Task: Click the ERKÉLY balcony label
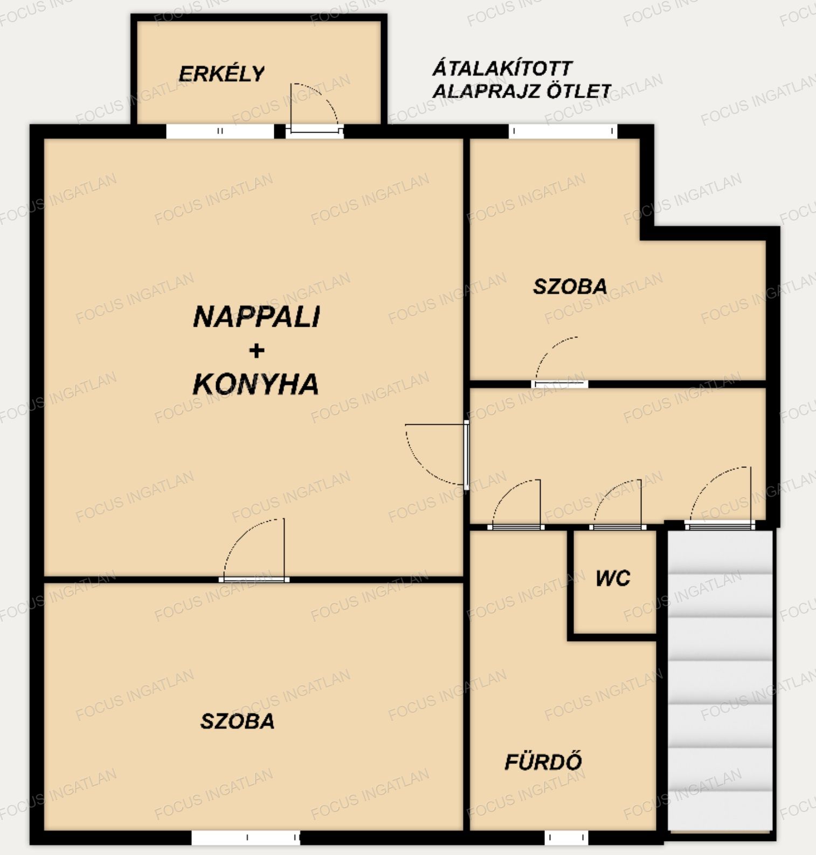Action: tap(222, 74)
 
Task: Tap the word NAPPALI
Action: tap(257, 317)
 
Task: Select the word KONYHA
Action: tap(255, 384)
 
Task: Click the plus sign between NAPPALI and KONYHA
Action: tap(257, 351)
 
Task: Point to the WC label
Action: tap(613, 578)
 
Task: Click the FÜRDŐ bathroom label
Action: tap(543, 761)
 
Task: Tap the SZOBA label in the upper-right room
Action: tap(570, 286)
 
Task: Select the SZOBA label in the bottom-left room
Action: tap(238, 721)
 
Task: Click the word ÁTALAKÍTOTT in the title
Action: tap(502, 68)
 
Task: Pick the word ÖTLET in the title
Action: tap(579, 91)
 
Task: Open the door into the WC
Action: tap(617, 527)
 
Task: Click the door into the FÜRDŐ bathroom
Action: tap(516, 527)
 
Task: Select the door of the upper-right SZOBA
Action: tap(559, 384)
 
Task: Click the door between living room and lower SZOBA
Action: tap(254, 580)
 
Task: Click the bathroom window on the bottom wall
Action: tap(566, 838)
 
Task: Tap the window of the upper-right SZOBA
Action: tap(563, 131)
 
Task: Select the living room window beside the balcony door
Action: tap(220, 131)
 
